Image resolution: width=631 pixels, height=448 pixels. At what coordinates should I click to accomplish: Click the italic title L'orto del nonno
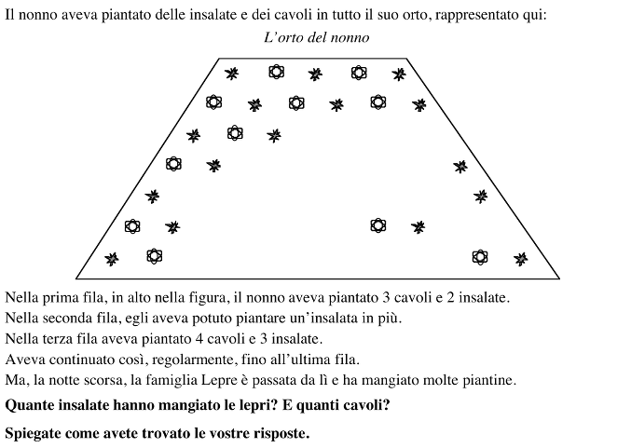pyautogui.click(x=316, y=38)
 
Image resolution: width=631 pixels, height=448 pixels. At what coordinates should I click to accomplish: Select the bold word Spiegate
pyautogui.click(x=34, y=433)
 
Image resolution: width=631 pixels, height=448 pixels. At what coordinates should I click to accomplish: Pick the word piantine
pyautogui.click(x=487, y=381)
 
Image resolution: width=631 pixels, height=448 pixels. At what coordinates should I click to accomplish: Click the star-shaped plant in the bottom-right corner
pyautogui.click(x=521, y=258)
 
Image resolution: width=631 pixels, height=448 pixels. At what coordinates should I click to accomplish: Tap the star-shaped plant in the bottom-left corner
pyautogui.click(x=112, y=258)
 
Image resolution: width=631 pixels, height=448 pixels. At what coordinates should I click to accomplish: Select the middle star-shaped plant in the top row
pyautogui.click(x=316, y=74)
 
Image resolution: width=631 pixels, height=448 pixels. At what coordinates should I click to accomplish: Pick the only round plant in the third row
pyautogui.click(x=235, y=133)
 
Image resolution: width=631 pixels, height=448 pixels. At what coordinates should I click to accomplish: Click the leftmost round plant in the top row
pyautogui.click(x=276, y=72)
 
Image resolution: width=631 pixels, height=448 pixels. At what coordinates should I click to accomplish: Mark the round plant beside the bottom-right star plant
pyautogui.click(x=480, y=256)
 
